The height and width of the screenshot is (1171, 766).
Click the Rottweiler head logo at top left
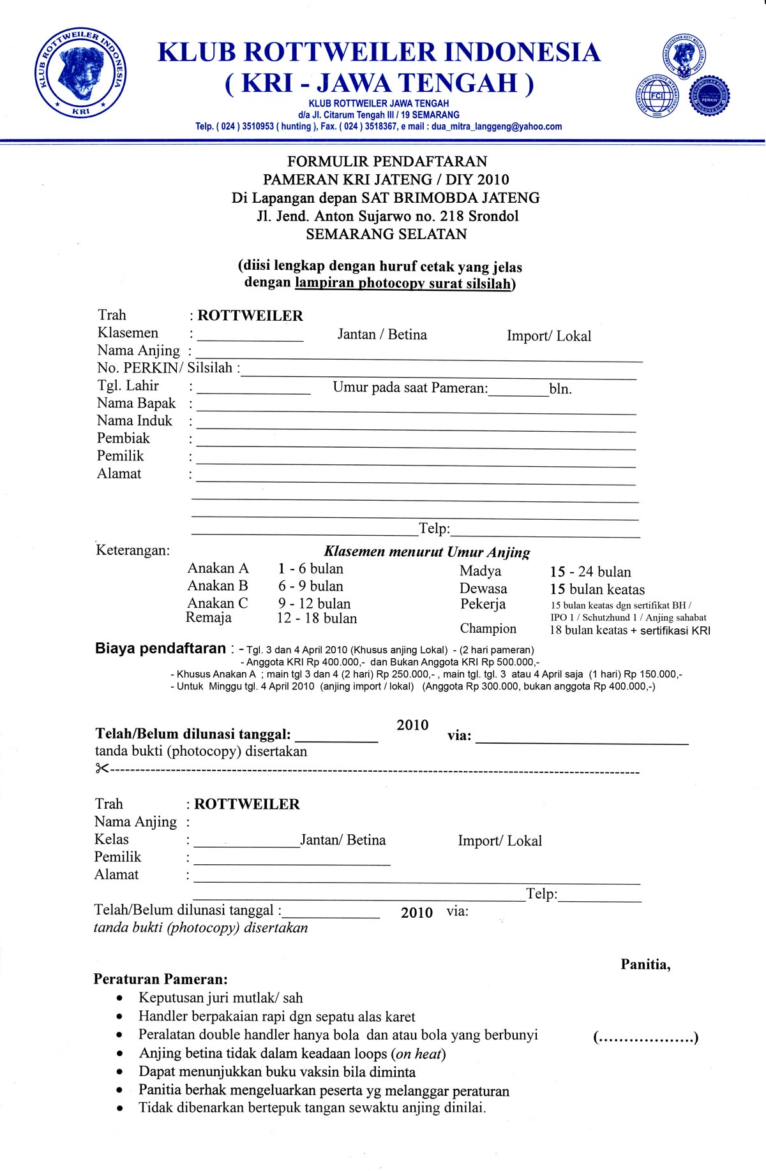click(80, 74)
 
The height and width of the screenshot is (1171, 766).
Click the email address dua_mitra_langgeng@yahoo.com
click(497, 126)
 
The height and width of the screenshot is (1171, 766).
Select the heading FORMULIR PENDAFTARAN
click(387, 161)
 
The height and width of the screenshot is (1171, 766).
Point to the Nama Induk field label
click(135, 421)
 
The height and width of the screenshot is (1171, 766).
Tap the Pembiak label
click(123, 438)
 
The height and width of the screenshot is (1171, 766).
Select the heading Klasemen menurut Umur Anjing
click(427, 552)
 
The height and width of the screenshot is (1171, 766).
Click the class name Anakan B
click(218, 585)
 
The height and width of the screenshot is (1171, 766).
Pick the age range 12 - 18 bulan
click(317, 618)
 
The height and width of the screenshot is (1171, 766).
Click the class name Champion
click(488, 628)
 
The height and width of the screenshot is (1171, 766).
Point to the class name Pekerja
click(483, 604)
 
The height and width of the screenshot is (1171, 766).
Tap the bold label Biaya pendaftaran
click(160, 649)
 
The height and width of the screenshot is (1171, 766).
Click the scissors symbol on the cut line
click(102, 769)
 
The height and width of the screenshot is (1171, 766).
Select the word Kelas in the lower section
click(112, 839)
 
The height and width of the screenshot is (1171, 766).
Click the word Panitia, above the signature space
click(645, 964)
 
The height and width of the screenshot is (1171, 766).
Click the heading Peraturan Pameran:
click(160, 979)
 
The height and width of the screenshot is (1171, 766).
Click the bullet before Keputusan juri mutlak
click(120, 999)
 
